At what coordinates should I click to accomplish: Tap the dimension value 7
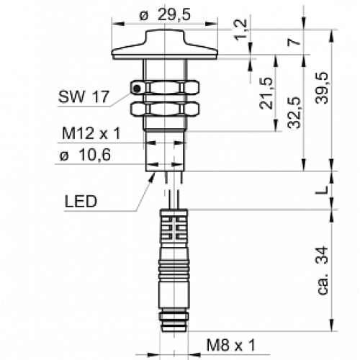tap(292, 42)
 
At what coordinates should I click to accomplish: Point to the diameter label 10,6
tap(84, 158)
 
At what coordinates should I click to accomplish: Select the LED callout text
tap(80, 202)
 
